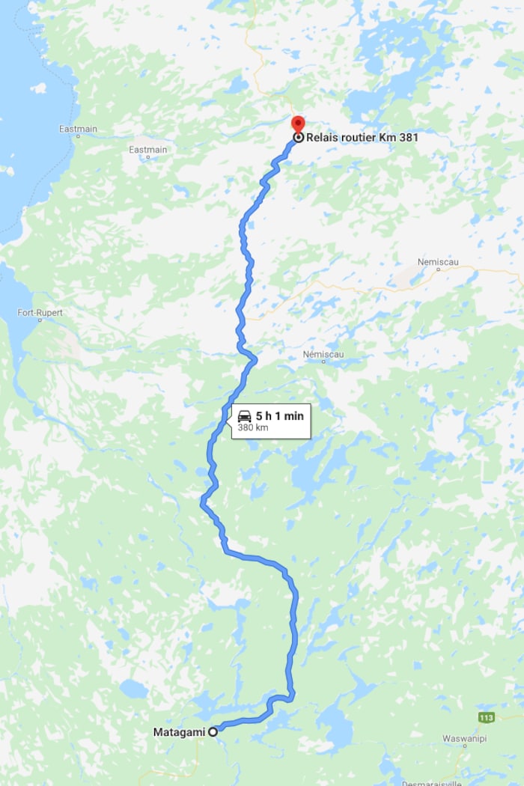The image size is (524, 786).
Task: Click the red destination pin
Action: pyautogui.click(x=298, y=123)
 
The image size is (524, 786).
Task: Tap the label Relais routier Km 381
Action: pyautogui.click(x=362, y=138)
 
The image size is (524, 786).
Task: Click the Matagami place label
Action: pyautogui.click(x=179, y=732)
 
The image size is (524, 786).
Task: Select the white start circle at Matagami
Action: pyautogui.click(x=213, y=732)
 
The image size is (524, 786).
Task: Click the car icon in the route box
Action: pyautogui.click(x=244, y=415)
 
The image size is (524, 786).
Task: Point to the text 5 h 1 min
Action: pyautogui.click(x=280, y=415)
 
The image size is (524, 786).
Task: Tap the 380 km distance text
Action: pyautogui.click(x=253, y=428)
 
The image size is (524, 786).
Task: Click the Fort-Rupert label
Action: pyautogui.click(x=40, y=312)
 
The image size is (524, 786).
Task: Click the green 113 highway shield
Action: pyautogui.click(x=486, y=717)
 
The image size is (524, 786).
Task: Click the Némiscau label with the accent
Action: pyautogui.click(x=323, y=353)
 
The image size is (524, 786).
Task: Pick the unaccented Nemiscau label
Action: pyautogui.click(x=438, y=262)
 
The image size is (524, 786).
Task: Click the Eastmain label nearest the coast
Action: pyautogui.click(x=78, y=129)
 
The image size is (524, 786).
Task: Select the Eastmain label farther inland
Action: pyautogui.click(x=147, y=150)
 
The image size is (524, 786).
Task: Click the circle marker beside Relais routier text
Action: pyautogui.click(x=299, y=138)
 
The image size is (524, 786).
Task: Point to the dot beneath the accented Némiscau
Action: pyautogui.click(x=323, y=362)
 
